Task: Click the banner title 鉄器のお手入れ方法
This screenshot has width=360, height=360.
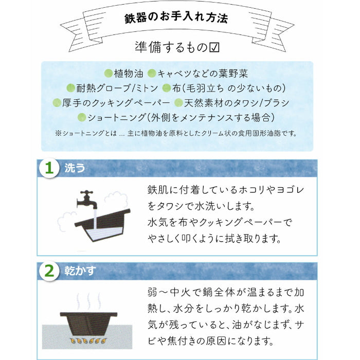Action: pyautogui.click(x=176, y=17)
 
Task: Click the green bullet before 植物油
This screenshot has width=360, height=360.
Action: pyautogui.click(x=108, y=74)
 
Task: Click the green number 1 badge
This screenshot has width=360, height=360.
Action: pyautogui.click(x=48, y=168)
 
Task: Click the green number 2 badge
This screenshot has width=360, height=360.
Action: pyautogui.click(x=48, y=271)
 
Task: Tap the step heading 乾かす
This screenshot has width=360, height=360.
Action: pyautogui.click(x=80, y=271)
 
